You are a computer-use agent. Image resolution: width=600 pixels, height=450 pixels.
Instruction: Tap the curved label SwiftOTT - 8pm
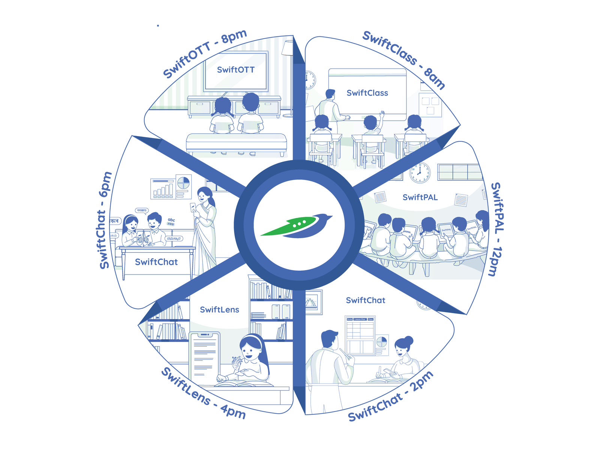(205, 53)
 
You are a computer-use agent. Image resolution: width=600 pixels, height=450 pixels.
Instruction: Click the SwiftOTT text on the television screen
(235, 70)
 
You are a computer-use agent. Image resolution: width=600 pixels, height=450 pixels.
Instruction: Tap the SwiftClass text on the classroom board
(367, 93)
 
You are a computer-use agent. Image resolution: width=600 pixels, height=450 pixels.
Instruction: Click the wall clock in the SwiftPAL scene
(420, 172)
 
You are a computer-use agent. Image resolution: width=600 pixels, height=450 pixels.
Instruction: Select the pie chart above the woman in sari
(183, 183)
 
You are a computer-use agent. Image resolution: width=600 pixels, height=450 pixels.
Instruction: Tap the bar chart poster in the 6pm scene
(163, 188)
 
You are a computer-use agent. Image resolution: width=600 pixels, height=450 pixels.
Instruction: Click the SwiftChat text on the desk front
(156, 262)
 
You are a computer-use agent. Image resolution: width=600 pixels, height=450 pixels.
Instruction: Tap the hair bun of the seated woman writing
(409, 340)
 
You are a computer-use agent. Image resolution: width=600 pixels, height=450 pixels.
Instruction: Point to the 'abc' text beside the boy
(171, 220)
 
